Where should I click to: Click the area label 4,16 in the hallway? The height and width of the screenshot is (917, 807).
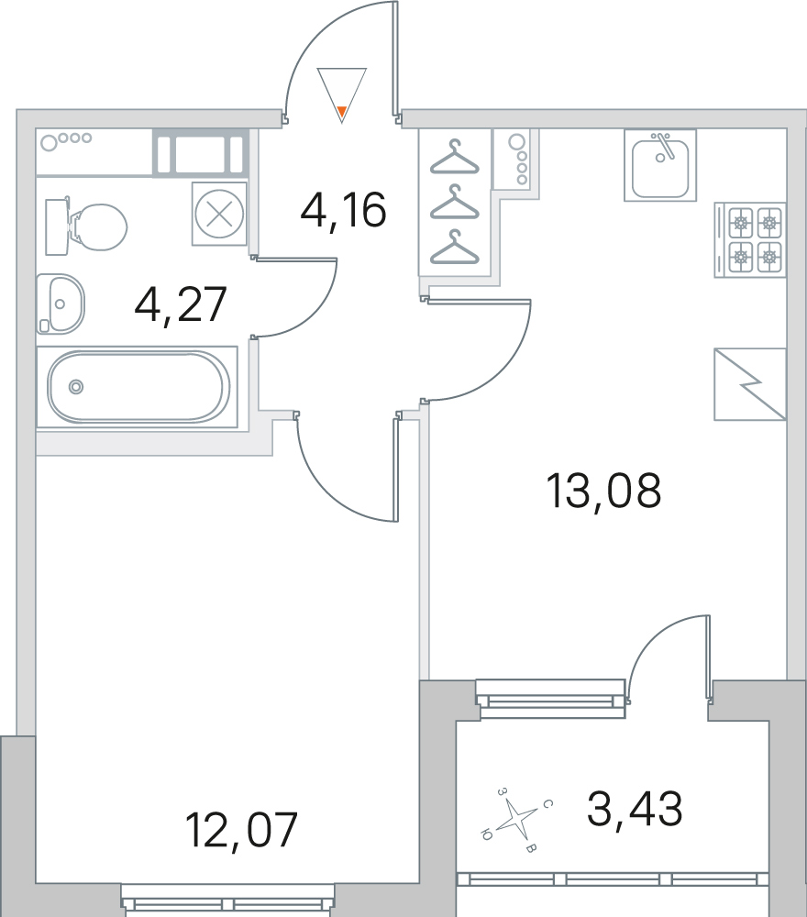(343, 211)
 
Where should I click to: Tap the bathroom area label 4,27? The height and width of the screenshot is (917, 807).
(180, 304)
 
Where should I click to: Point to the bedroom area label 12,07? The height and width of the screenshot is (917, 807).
(241, 829)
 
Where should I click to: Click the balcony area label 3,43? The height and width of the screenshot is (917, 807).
(635, 809)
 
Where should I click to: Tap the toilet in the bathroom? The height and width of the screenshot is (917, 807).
(86, 226)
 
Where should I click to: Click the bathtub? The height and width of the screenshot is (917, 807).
(138, 387)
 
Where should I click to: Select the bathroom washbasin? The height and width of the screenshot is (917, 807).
(61, 304)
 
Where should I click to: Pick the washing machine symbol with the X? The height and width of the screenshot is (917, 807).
(219, 214)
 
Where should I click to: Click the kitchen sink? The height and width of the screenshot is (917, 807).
(660, 165)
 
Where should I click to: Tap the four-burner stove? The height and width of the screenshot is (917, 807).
(750, 239)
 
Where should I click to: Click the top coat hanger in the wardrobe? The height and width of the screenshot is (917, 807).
(454, 158)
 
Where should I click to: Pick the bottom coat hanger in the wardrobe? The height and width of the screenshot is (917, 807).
(454, 248)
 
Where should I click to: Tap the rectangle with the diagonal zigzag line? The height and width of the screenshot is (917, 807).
(750, 384)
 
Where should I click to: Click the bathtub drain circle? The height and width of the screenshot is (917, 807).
(75, 387)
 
